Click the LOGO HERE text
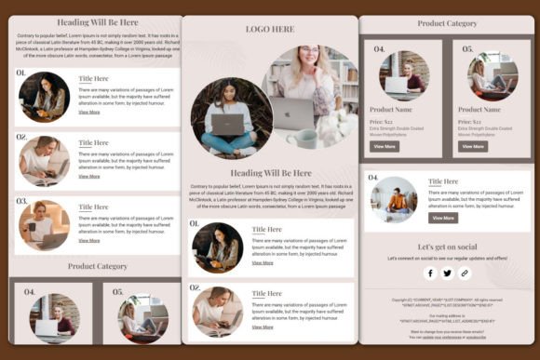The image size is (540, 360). tap(269, 29)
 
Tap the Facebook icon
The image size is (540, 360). tap(430, 273)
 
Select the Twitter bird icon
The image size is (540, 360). tap(447, 273)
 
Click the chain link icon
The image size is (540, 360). tap(465, 273)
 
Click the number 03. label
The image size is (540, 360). tap(21, 200)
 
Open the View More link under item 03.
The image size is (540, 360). tap(89, 240)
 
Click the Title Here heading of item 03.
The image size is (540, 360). tap(93, 207)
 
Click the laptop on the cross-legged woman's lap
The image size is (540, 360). tap(226, 124)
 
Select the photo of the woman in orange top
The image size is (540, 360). tap(394, 199)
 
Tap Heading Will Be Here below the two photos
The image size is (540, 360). tap(271, 172)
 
